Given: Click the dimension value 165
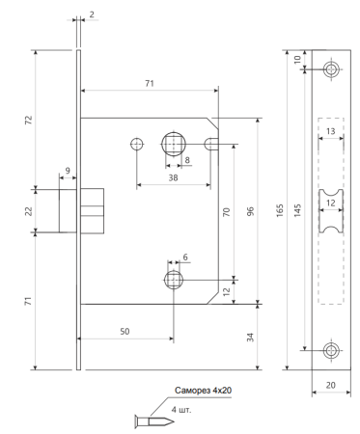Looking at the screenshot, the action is tap(280, 210).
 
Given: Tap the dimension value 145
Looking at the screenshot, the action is tap(297, 210).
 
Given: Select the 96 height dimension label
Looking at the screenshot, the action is tap(250, 211).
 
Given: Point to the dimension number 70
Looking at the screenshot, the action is tap(227, 212).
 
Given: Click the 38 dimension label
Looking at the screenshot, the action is tap(173, 177).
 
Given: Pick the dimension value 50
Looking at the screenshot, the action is tap(125, 331).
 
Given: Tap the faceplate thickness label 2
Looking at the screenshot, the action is tap(92, 14).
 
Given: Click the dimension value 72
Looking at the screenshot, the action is tap(29, 120).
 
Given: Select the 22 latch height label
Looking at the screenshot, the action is tap(29, 211).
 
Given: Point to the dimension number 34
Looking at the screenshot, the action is tap(250, 337).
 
